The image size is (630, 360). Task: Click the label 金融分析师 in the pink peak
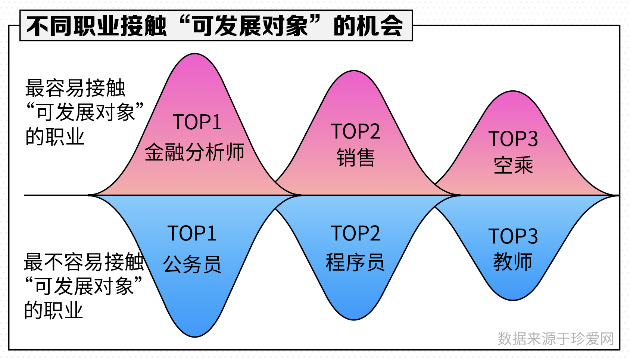click(x=194, y=152)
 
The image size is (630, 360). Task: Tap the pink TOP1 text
click(x=197, y=122)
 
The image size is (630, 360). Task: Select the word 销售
click(x=356, y=158)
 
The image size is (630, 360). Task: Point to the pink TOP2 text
click(x=356, y=131)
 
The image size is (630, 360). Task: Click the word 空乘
click(x=513, y=165)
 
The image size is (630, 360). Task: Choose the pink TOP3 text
click(x=513, y=139)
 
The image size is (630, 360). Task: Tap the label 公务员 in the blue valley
click(x=192, y=264)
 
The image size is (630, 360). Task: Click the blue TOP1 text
click(x=192, y=233)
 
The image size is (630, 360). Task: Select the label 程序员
click(x=355, y=262)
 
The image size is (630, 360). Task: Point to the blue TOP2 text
click(x=356, y=233)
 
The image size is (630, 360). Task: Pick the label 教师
click(x=513, y=261)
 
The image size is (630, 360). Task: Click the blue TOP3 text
click(x=513, y=236)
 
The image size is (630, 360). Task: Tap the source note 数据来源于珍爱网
click(x=556, y=338)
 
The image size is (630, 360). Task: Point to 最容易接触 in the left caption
click(x=75, y=88)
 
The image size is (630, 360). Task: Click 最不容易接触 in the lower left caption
click(x=84, y=262)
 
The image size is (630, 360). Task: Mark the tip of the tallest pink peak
click(x=194, y=53)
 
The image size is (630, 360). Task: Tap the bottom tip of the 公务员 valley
click(x=194, y=336)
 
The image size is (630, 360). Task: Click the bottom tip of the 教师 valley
click(x=513, y=300)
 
